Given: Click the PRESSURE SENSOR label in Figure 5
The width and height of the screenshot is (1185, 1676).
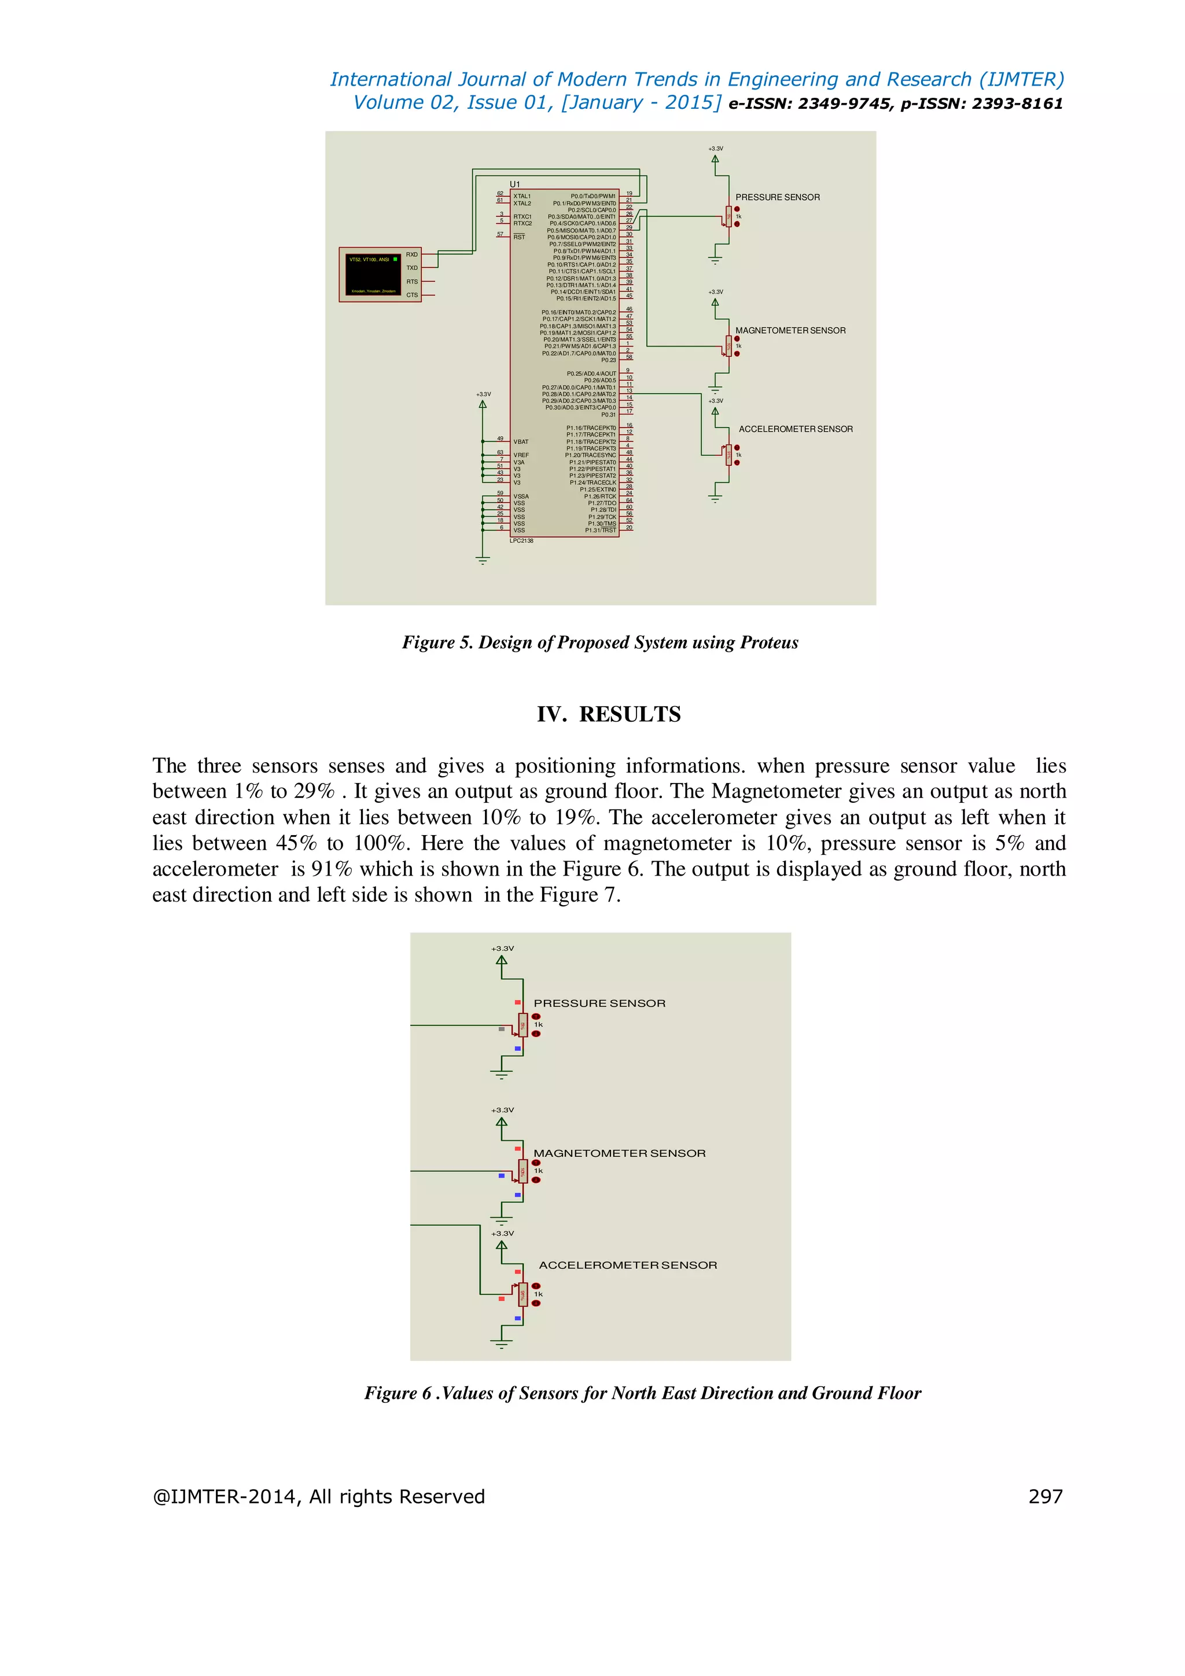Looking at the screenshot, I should pos(777,197).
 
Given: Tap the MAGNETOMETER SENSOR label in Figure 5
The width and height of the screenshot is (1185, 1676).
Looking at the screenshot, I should pos(790,330).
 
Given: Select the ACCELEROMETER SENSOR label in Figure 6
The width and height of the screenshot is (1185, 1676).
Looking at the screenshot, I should pos(628,1265).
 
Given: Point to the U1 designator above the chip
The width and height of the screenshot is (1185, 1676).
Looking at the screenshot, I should pos(515,184).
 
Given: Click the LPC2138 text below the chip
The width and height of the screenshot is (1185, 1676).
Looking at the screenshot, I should pos(522,541).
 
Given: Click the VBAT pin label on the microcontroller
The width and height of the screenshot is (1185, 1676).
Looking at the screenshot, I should pos(521,442).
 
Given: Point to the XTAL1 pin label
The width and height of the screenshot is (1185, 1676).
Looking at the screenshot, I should pos(522,196).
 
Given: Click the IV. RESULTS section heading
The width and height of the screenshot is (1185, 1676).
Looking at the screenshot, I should pos(609,714).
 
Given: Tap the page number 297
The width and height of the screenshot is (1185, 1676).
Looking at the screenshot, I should pos(1045,1497).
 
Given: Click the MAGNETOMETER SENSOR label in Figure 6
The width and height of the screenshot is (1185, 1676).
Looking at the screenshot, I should pos(620,1153).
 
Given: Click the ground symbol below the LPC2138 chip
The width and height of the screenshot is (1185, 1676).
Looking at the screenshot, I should pos(483,561).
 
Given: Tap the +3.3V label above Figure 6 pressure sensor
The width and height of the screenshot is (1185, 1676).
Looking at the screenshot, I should pos(502,948).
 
